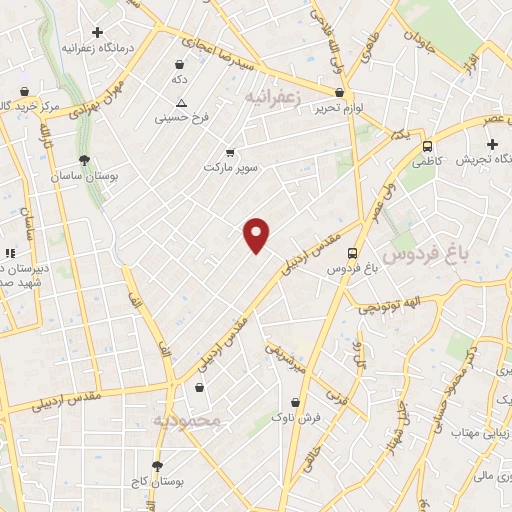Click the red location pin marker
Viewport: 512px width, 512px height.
[x=257, y=234]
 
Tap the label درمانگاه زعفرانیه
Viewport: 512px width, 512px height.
[x=98, y=47]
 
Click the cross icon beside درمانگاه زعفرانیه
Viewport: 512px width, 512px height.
[x=97, y=33]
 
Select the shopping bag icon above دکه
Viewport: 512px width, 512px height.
[x=179, y=64]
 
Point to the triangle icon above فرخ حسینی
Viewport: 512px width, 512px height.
[x=181, y=103]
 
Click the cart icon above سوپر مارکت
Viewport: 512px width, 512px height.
[x=231, y=152]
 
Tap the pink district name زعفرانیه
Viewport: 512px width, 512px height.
[x=271, y=95]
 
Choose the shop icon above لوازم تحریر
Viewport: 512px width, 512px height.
[x=339, y=92]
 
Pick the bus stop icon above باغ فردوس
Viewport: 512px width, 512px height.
[x=351, y=254]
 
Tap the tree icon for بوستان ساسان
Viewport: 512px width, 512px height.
[x=84, y=160]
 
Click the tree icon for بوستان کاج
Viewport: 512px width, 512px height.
[x=157, y=466]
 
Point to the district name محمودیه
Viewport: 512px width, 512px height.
[x=186, y=421]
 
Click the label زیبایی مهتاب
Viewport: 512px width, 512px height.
[x=476, y=433]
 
